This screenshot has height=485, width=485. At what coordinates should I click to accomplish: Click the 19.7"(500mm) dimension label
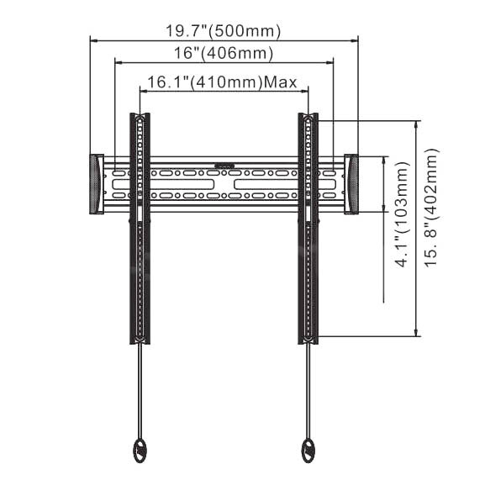pyautogui.click(x=224, y=31)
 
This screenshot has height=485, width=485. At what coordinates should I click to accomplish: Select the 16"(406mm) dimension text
pyautogui.click(x=224, y=53)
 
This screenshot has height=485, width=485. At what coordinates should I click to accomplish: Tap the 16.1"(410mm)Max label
pyautogui.click(x=222, y=82)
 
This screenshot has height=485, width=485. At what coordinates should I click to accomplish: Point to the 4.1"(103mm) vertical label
pyautogui.click(x=403, y=214)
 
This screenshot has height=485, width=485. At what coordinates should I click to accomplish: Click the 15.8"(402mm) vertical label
pyautogui.click(x=432, y=208)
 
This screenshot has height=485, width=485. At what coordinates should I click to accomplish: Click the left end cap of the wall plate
pyautogui.click(x=97, y=184)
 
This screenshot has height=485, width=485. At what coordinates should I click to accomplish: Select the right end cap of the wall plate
pyautogui.click(x=351, y=184)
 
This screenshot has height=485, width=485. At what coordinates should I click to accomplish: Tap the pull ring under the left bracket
pyautogui.click(x=139, y=451)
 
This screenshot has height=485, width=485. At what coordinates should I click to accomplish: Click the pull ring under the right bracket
pyautogui.click(x=308, y=451)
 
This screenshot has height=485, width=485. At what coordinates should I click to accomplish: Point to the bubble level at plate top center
pyautogui.click(x=224, y=166)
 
